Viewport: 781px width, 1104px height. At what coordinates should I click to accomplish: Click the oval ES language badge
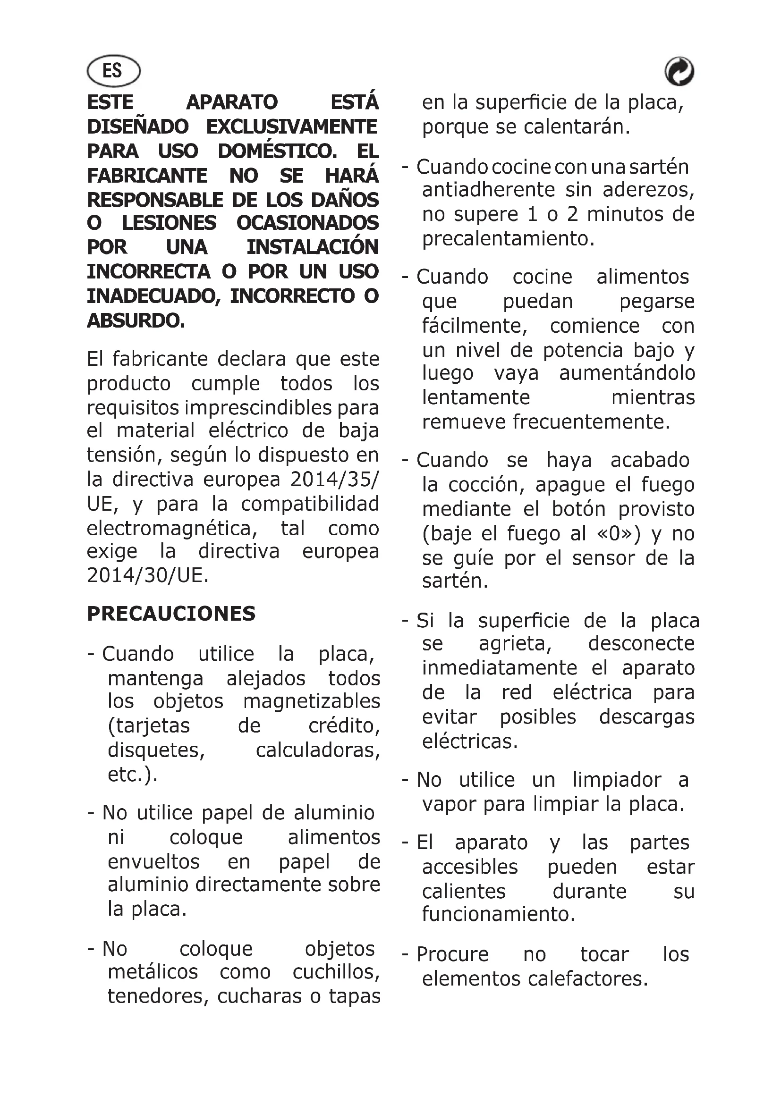click(x=113, y=71)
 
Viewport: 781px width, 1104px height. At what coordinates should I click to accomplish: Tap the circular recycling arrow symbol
click(x=679, y=72)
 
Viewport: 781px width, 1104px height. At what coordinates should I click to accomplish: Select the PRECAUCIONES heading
click(x=171, y=614)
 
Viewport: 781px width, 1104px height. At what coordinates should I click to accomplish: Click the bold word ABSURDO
click(x=135, y=320)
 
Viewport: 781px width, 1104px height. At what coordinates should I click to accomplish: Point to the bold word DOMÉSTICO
click(x=277, y=152)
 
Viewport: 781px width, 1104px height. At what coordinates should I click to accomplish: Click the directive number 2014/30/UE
click(x=148, y=575)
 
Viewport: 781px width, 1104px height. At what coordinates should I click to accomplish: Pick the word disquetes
click(x=156, y=750)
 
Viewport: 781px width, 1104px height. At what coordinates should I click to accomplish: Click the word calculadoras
click(x=317, y=750)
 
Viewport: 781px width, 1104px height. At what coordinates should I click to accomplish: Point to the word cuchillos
click(x=336, y=972)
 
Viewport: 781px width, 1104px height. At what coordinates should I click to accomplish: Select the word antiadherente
click(x=489, y=190)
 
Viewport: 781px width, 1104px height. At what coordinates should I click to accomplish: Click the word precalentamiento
click(x=509, y=239)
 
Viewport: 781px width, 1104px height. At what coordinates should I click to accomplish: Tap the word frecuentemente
click(x=591, y=421)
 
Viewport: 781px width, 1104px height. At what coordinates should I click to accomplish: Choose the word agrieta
click(x=515, y=644)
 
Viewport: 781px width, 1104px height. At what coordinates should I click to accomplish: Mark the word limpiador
click(x=617, y=779)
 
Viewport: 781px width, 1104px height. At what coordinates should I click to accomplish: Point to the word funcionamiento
click(x=498, y=914)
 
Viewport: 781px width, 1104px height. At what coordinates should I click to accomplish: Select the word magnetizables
click(x=312, y=701)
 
